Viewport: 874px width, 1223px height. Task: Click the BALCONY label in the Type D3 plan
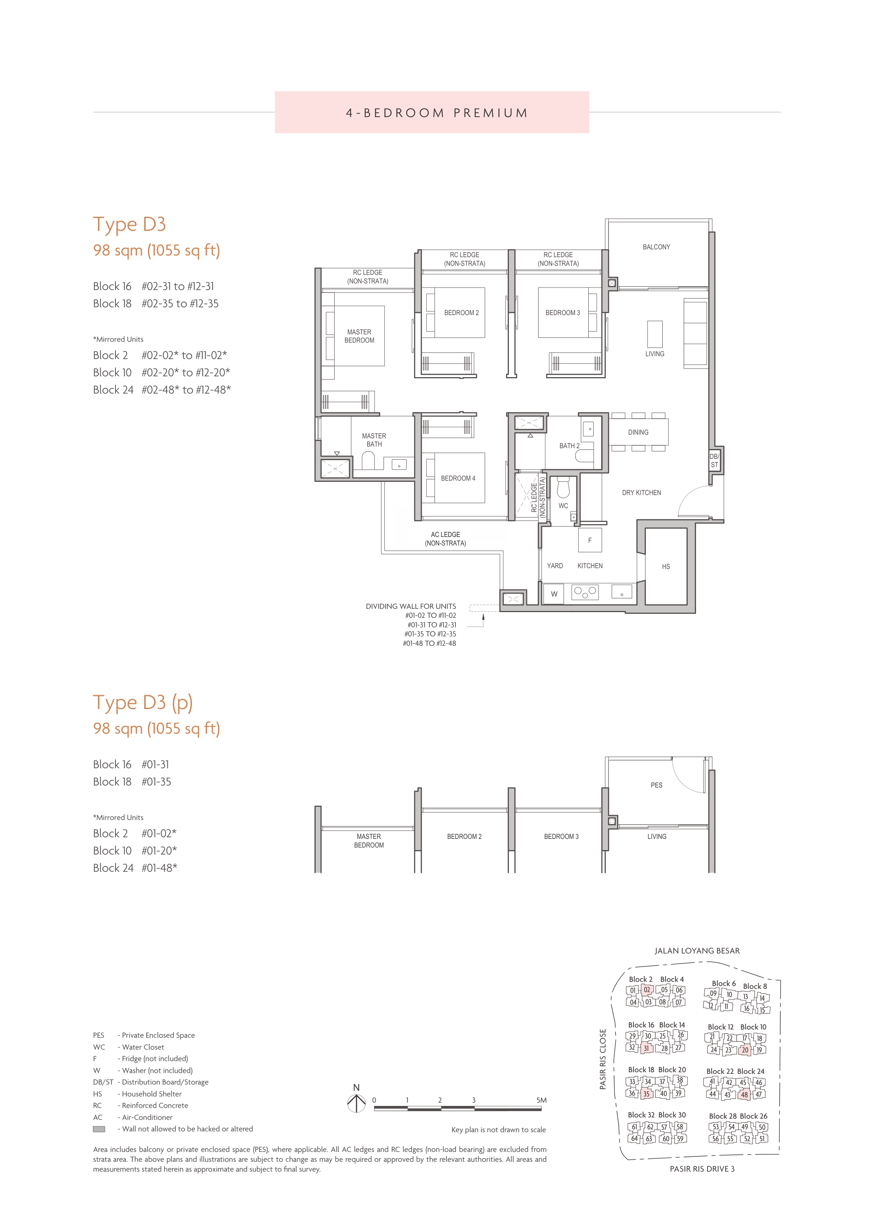click(656, 247)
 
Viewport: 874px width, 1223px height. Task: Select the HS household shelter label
click(666, 567)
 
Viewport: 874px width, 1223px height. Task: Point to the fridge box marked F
click(590, 540)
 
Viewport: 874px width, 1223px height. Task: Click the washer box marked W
click(554, 594)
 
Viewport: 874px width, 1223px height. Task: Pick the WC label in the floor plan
click(563, 506)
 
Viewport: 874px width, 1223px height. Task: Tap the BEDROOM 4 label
click(458, 478)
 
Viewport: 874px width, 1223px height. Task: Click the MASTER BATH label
click(374, 440)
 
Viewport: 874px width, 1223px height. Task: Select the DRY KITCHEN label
click(641, 493)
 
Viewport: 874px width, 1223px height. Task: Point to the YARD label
click(555, 566)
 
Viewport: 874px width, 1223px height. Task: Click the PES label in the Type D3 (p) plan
click(657, 785)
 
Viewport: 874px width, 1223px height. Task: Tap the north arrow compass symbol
click(356, 1103)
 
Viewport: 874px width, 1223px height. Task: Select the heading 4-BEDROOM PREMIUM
click(437, 113)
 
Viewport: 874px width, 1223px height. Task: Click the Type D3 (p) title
click(143, 702)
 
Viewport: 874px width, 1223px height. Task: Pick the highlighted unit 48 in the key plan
click(745, 1094)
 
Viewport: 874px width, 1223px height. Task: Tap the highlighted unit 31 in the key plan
click(646, 1048)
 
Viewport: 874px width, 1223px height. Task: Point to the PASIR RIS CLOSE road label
click(603, 1059)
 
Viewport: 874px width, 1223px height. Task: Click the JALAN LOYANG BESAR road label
click(697, 951)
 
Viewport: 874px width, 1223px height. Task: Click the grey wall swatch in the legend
click(99, 1129)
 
